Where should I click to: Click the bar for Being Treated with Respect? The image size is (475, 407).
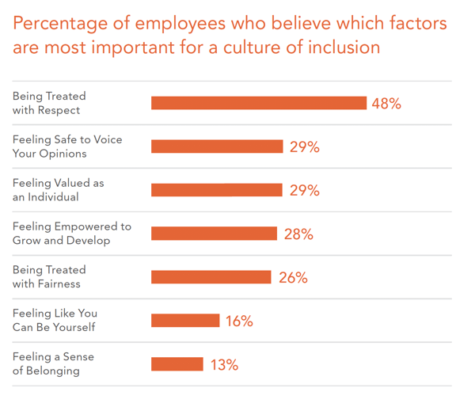point(259,103)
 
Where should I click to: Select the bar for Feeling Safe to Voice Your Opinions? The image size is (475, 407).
point(217,146)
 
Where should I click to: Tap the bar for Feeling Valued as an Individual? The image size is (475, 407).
point(217,190)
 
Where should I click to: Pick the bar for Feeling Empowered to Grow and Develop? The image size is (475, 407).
point(214,234)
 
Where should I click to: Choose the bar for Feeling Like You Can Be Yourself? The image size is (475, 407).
point(185,321)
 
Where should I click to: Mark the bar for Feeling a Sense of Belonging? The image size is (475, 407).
point(177,364)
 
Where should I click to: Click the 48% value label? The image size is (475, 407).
point(386,104)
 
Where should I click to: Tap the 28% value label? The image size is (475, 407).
point(298,234)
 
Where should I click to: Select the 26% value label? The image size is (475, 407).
point(293,278)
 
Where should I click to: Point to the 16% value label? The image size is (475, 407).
point(238,321)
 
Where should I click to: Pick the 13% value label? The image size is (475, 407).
point(223,365)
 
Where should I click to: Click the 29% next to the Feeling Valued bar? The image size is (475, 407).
point(304,191)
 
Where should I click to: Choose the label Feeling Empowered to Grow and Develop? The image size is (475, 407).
point(71,234)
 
